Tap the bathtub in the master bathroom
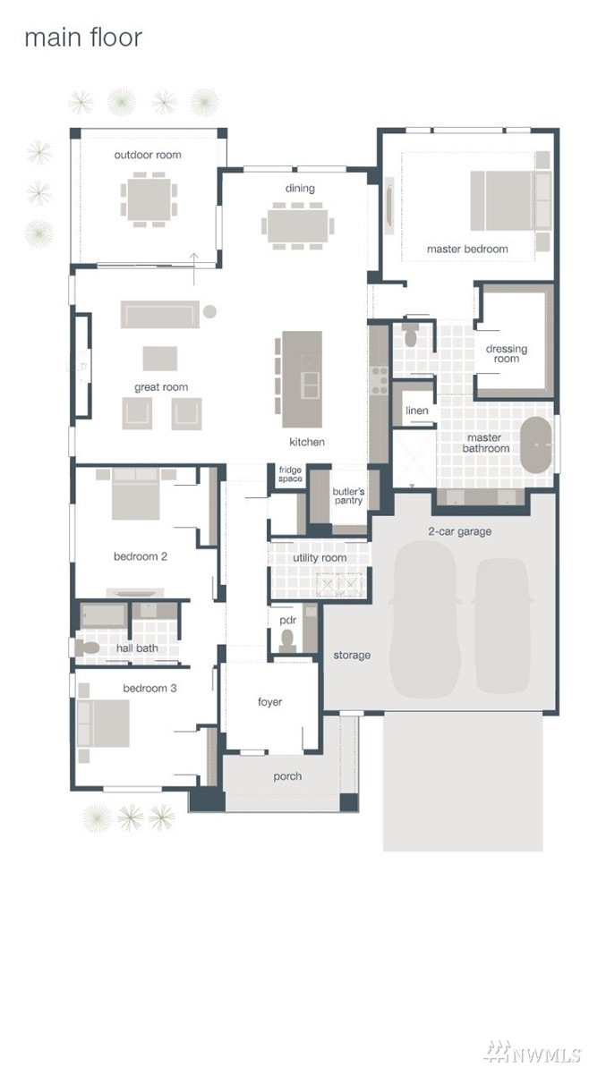[536, 445]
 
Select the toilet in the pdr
[287, 639]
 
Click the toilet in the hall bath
[87, 648]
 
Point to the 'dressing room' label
[506, 354]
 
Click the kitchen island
[303, 379]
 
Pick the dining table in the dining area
[298, 225]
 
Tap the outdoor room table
[149, 199]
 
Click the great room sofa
[161, 314]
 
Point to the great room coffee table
[160, 358]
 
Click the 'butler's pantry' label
[347, 496]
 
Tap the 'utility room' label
[320, 558]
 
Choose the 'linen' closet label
[417, 411]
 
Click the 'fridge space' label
[290, 474]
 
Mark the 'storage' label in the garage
[352, 656]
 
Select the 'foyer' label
[269, 702]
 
